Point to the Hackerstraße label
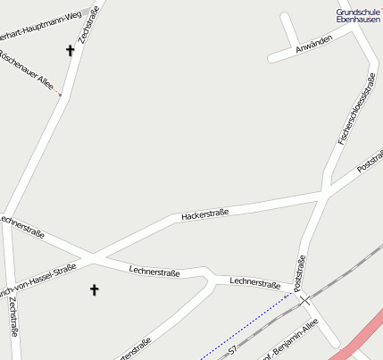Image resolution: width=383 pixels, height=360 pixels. click(204, 214)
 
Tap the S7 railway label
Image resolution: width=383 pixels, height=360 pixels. click(234, 352)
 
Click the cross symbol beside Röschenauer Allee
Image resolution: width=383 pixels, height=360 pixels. click(70, 51)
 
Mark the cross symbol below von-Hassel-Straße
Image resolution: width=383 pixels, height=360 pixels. click(95, 289)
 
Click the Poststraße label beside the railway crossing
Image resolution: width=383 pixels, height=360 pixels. click(300, 272)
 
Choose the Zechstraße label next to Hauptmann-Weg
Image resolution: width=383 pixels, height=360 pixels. click(87, 21)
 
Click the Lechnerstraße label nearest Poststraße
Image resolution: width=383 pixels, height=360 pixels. click(255, 282)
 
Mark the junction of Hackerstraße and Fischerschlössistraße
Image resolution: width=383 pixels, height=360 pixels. click(324, 191)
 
